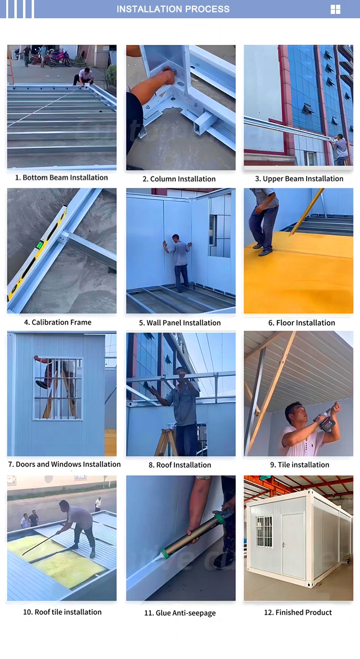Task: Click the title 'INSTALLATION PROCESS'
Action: (x=173, y=9)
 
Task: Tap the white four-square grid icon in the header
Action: (x=336, y=10)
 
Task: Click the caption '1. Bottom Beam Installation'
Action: (x=61, y=177)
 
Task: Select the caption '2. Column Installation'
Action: (x=179, y=179)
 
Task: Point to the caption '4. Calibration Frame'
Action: (x=58, y=322)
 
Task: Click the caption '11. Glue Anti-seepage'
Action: (x=180, y=613)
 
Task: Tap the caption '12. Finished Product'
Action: (x=298, y=612)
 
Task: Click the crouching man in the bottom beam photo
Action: (x=84, y=76)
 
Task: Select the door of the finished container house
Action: (x=293, y=545)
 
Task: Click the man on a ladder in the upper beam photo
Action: (x=341, y=149)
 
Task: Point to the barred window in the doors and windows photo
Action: (x=58, y=388)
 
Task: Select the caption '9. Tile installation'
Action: (x=300, y=464)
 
